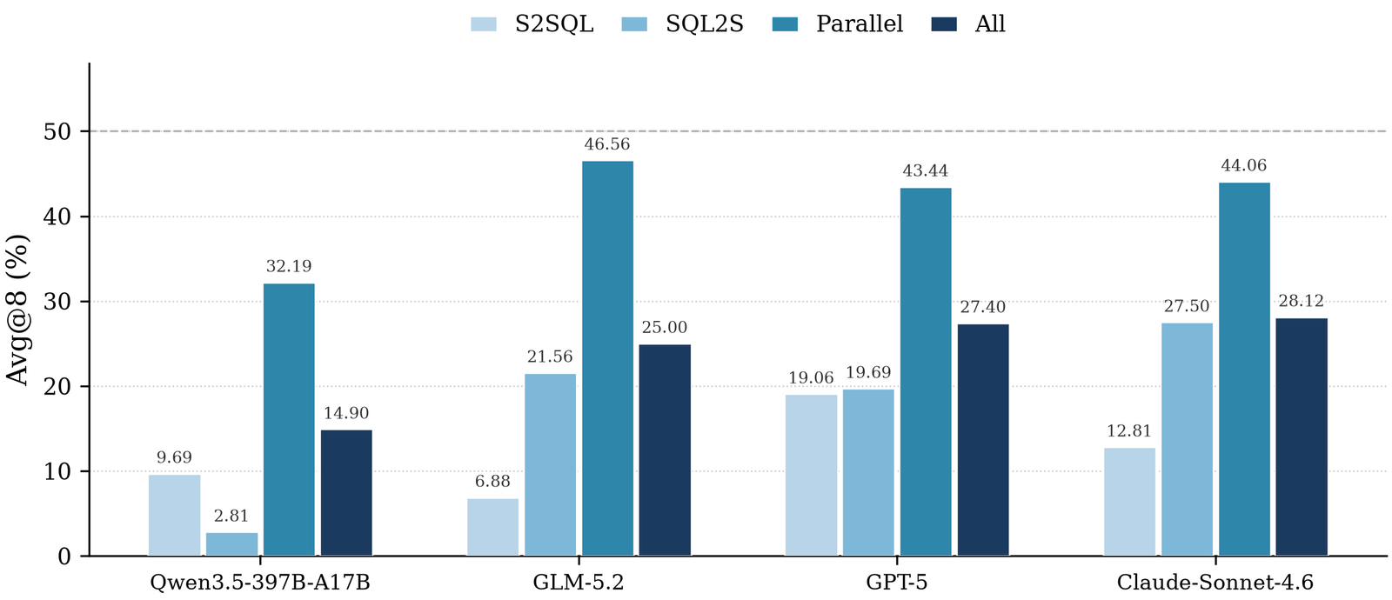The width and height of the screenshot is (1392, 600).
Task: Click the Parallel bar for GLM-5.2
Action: coord(607,358)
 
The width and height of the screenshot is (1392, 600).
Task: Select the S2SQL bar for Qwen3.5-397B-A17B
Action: coord(174,515)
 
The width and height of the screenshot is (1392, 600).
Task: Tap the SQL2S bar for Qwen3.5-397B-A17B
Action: coord(231,544)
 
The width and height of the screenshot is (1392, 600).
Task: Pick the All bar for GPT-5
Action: coord(983,440)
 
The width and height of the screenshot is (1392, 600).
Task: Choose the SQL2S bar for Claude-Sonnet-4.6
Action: coord(1187,439)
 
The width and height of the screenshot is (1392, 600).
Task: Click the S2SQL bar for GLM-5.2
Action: coord(492,527)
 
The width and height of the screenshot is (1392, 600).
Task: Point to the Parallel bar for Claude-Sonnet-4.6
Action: coord(1244,369)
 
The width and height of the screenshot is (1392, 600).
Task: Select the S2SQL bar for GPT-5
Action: coord(811,475)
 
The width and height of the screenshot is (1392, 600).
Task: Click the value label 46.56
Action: coord(607,144)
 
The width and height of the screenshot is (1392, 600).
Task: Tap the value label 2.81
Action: coord(231,517)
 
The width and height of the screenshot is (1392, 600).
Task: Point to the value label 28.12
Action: coord(1302,301)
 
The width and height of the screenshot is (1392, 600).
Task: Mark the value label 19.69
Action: coord(868,373)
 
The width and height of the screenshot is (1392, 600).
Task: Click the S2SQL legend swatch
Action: coord(484,24)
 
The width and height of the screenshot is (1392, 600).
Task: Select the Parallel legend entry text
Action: coord(860,24)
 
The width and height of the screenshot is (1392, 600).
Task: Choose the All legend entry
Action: coord(968,24)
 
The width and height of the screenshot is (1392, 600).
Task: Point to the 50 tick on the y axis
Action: coord(57,131)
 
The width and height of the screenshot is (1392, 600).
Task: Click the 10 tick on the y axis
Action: coord(57,472)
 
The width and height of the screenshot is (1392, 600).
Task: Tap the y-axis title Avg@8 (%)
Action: coord(17,310)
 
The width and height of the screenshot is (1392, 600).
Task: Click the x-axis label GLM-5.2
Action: coord(579,583)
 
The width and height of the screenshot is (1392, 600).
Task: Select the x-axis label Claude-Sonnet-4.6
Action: coord(1215,583)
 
